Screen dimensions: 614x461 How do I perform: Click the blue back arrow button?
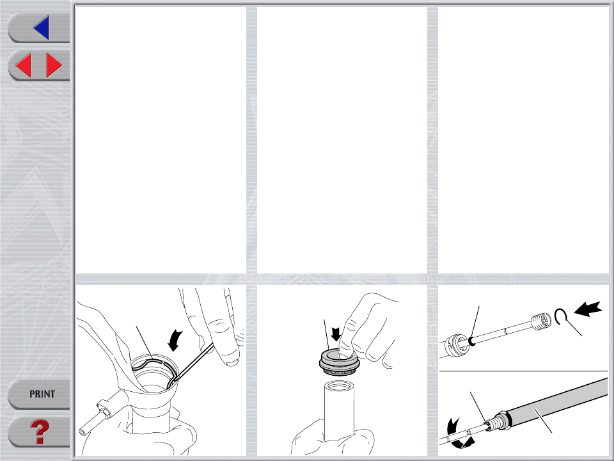(x=42, y=28)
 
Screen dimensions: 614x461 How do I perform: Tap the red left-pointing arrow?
(x=24, y=65)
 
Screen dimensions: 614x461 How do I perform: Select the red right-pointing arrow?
(x=54, y=65)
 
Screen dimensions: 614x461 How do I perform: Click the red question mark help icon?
(x=40, y=432)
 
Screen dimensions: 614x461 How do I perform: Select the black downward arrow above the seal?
(x=336, y=334)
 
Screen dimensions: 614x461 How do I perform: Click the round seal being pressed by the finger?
(x=339, y=362)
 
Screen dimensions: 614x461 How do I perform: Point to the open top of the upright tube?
(x=339, y=387)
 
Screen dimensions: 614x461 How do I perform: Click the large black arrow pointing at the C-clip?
(x=588, y=309)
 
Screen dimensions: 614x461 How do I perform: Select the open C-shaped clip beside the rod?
(x=560, y=316)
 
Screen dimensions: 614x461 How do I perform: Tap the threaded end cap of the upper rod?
(x=541, y=321)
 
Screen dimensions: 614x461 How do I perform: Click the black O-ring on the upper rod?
(x=472, y=341)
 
